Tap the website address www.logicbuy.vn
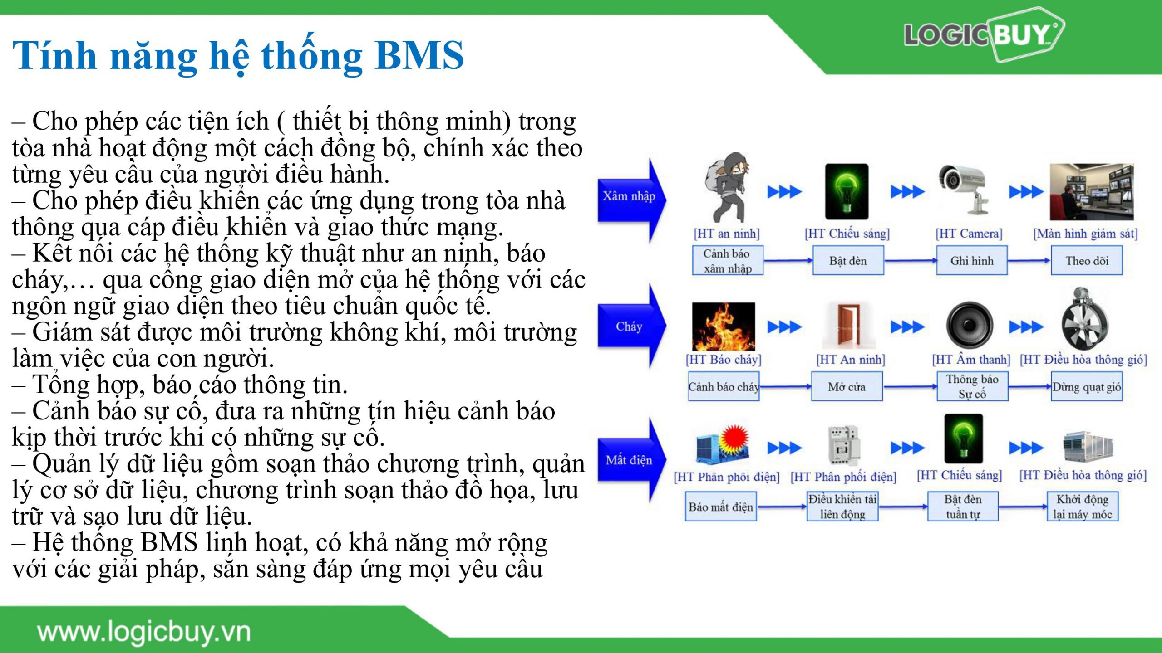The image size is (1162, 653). tap(144, 632)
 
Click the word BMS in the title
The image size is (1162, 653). tap(419, 55)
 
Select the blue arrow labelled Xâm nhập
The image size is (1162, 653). tap(632, 200)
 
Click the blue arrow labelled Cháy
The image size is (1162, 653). tap(632, 326)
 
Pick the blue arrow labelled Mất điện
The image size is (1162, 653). tap(632, 460)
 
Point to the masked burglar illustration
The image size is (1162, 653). tap(726, 188)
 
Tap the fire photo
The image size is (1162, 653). tap(724, 326)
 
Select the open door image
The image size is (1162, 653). tap(847, 326)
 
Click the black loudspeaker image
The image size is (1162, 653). tap(970, 325)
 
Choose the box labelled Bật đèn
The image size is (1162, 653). tap(848, 260)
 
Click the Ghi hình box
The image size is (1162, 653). tap(972, 260)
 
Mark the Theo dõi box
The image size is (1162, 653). tap(1087, 260)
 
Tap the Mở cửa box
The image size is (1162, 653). tap(847, 386)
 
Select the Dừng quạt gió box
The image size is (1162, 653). tap(1087, 386)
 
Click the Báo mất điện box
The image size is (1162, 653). tap(721, 506)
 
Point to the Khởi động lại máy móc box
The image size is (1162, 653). tap(1083, 506)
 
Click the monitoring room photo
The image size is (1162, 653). tap(1092, 191)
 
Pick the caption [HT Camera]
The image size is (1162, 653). tap(969, 234)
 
